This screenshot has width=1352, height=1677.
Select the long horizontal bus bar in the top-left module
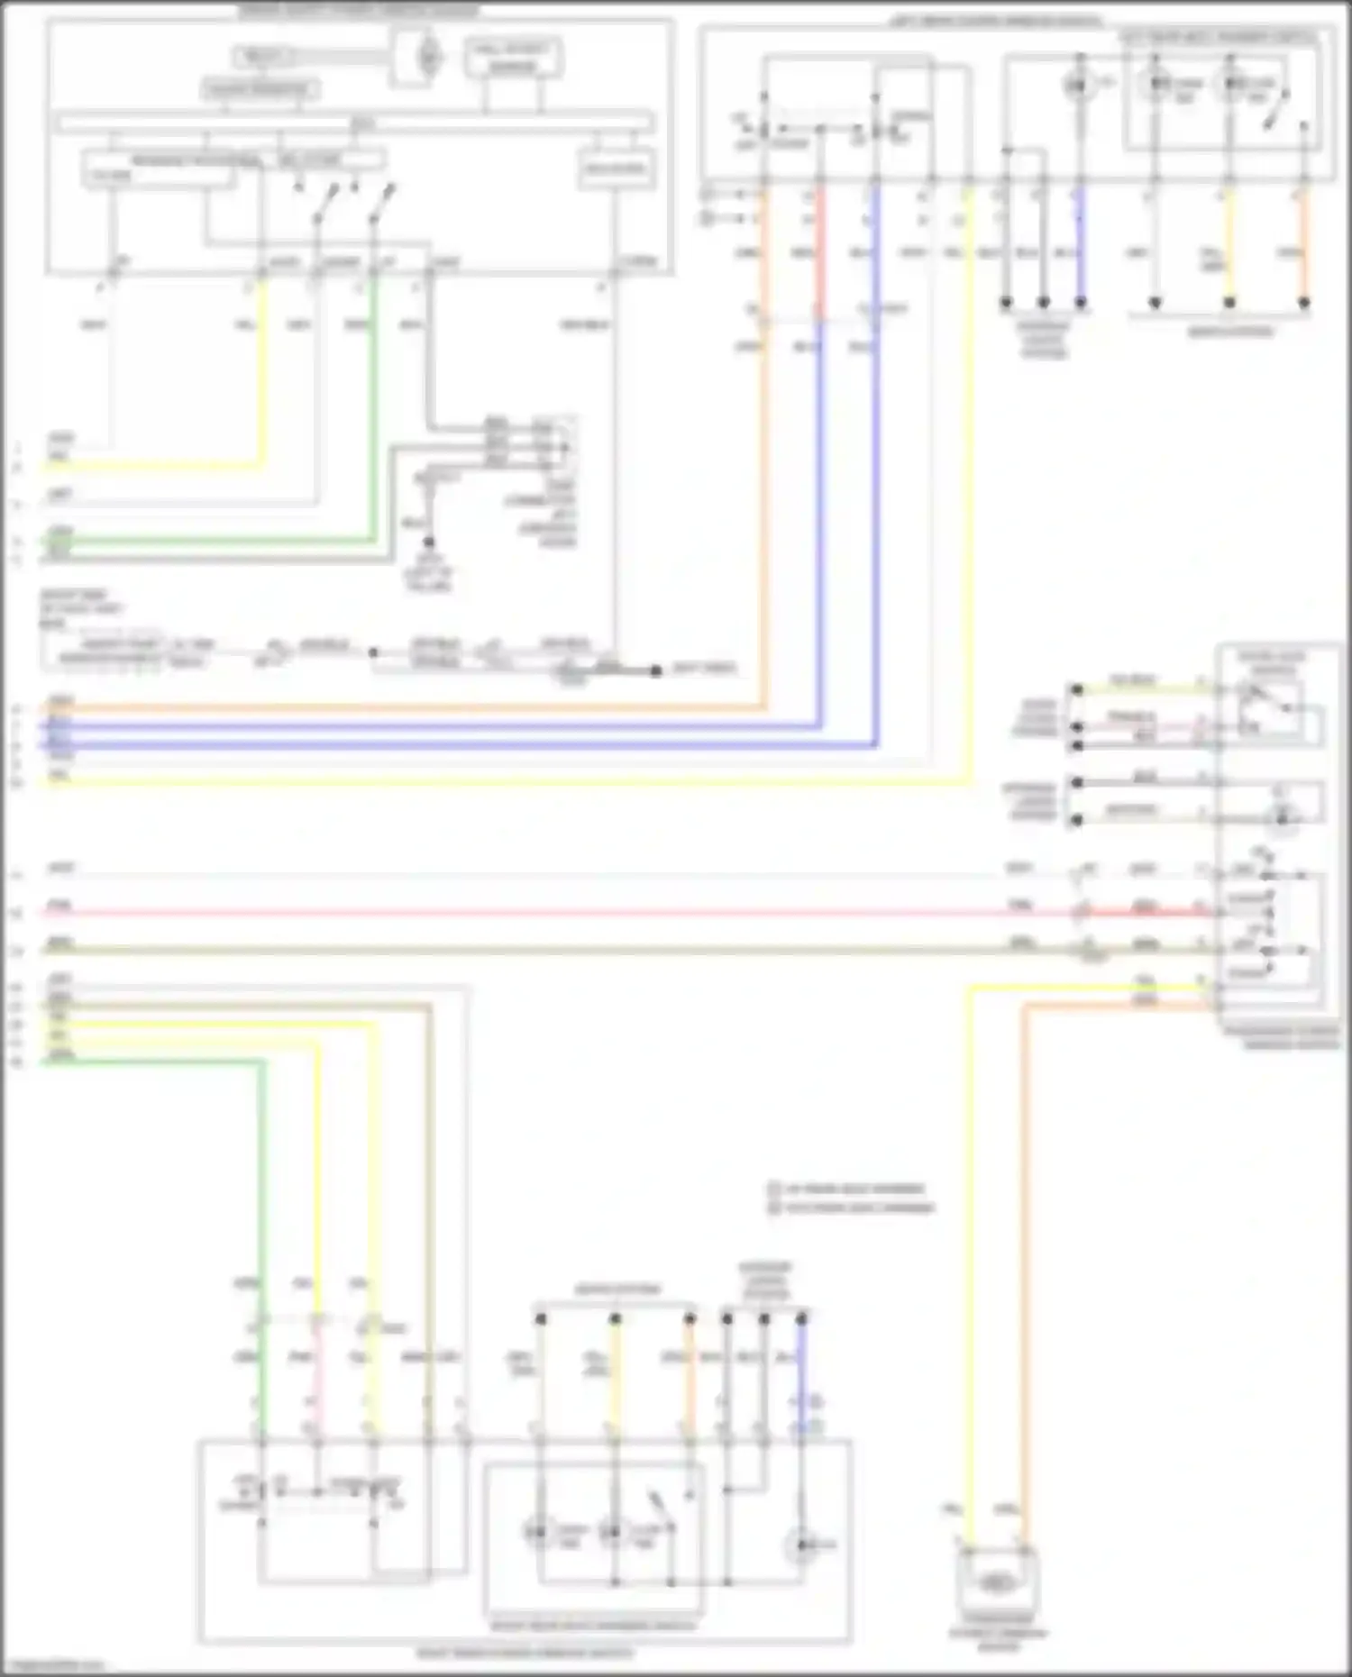(356, 123)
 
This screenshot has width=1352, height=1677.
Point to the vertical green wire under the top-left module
(373, 406)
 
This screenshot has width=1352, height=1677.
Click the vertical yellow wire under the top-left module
(263, 378)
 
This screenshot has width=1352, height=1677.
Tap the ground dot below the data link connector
(429, 542)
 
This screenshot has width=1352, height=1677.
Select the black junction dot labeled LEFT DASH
(656, 670)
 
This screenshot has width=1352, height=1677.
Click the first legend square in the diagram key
(773, 1189)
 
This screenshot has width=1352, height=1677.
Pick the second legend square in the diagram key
(773, 1208)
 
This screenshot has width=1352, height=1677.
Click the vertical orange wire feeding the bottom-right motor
(1023, 1262)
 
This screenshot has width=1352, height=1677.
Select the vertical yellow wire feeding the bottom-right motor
(971, 1262)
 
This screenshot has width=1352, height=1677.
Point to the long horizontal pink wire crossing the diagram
(541, 912)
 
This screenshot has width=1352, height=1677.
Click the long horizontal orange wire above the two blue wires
(406, 708)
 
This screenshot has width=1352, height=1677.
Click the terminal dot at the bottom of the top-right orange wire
(1303, 303)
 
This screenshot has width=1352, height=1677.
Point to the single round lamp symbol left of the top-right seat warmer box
(1076, 86)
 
